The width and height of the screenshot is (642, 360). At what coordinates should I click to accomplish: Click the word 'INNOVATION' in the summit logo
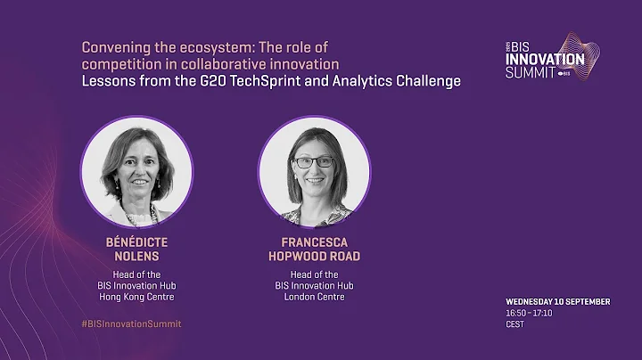[x=544, y=59]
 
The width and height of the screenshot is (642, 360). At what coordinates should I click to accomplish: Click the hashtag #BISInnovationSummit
[x=131, y=323]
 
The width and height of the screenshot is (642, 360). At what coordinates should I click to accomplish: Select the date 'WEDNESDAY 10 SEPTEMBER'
[x=556, y=302]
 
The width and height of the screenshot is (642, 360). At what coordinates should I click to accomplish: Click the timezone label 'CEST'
[x=514, y=325]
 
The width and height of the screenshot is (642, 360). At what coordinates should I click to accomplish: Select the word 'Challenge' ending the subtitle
[x=432, y=81]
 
